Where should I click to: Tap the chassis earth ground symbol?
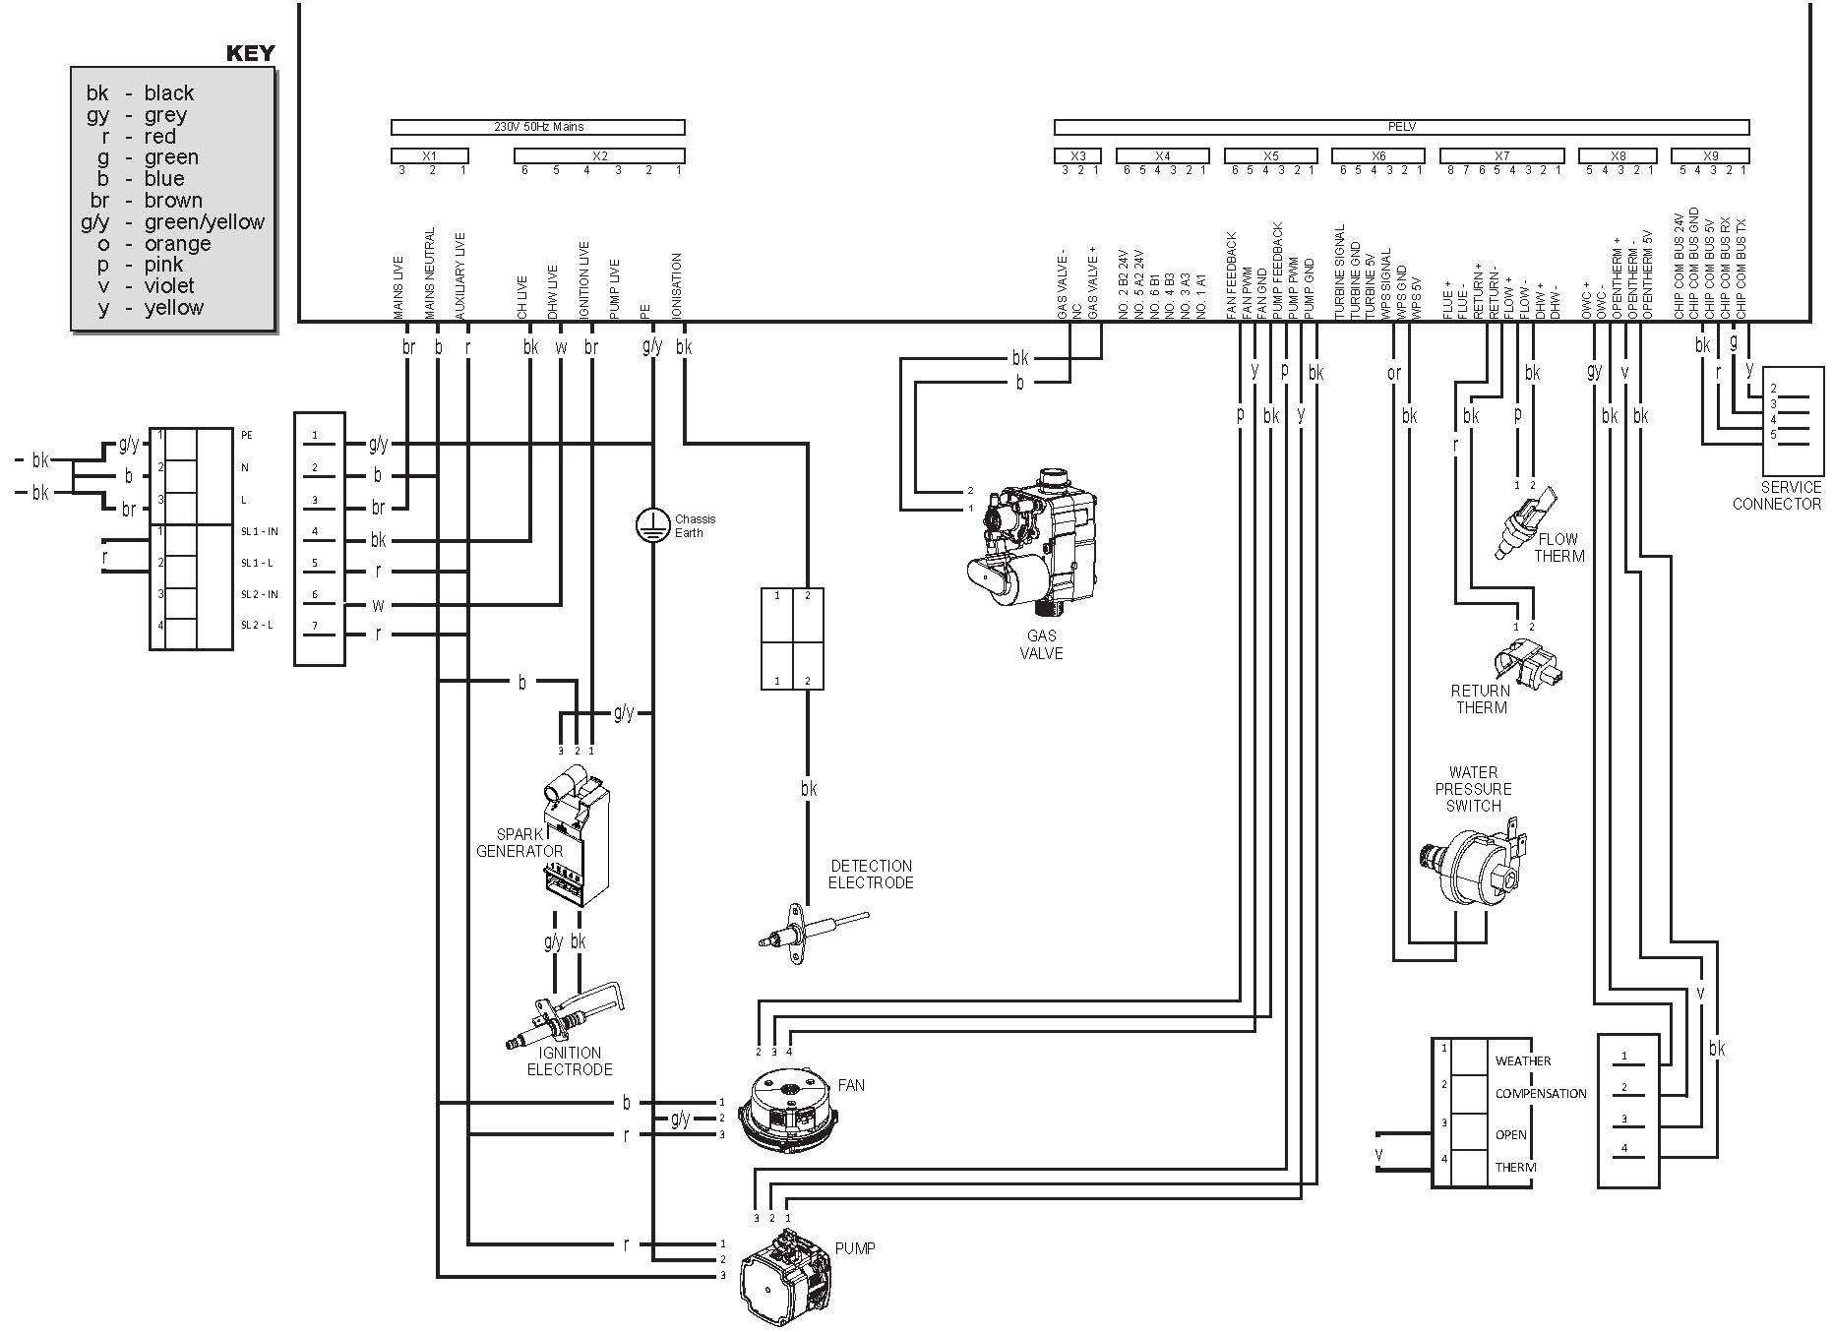[x=651, y=524]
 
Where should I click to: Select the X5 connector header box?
[x=1270, y=155]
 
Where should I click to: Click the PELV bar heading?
[x=1401, y=127]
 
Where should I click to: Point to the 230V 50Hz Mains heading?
[x=538, y=127]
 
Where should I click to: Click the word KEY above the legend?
[x=250, y=53]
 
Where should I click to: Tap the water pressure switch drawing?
[x=1470, y=867]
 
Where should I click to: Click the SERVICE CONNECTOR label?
[x=1776, y=496]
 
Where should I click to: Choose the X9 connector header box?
[x=1710, y=155]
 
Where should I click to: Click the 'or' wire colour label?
[x=1393, y=373]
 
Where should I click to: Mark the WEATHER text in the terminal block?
[x=1522, y=1060]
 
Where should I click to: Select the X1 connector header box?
[x=429, y=155]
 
